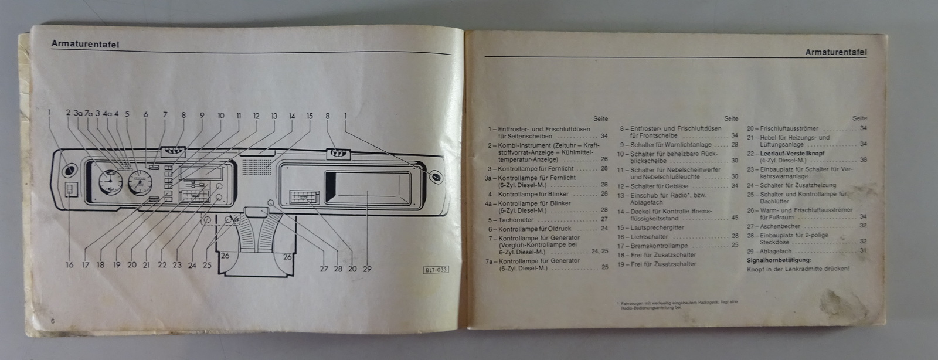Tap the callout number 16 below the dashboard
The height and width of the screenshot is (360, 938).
pos(70,265)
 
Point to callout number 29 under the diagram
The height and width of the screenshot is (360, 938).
pos(368,269)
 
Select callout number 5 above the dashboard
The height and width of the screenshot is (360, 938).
pos(127,115)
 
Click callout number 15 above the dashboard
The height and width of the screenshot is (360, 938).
pos(310,116)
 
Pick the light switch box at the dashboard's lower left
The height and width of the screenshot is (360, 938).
pos(70,192)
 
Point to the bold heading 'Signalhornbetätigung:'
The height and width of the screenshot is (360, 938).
pos(779,260)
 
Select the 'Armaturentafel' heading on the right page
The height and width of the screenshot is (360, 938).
pos(837,52)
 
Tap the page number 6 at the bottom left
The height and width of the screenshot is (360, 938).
pos(52,321)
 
